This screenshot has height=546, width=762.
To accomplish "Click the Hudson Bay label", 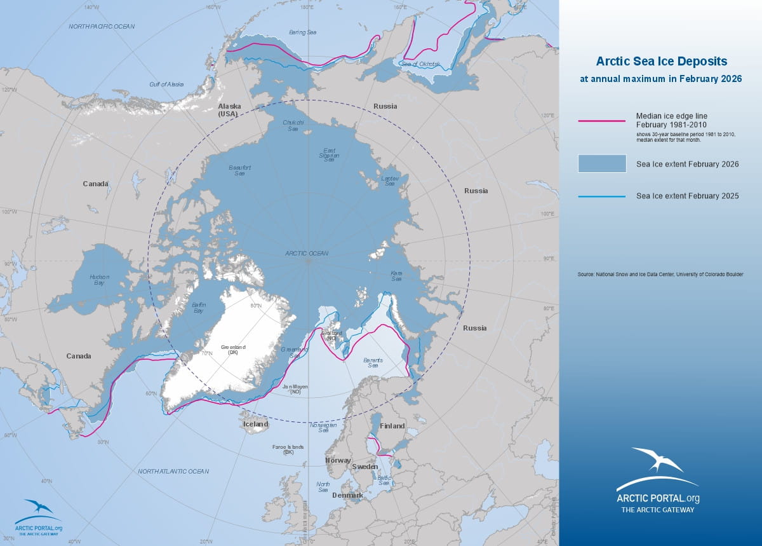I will [99, 280].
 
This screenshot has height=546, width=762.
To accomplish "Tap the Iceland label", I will [255, 424].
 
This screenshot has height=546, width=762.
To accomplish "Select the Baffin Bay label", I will [199, 308].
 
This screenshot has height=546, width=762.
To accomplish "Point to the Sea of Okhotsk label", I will [417, 64].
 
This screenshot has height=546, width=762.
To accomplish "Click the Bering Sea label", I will [302, 31].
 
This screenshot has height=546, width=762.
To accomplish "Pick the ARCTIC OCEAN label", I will [307, 253].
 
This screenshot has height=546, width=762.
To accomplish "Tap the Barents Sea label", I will [373, 363].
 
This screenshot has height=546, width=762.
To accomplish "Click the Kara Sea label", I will [396, 276].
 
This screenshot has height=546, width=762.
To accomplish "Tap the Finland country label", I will [392, 426].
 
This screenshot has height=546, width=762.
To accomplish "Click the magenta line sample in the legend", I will [601, 120].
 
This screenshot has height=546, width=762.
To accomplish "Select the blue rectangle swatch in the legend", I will [601, 163].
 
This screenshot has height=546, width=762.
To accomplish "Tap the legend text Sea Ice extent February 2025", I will [687, 196].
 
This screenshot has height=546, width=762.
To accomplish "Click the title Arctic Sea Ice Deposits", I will [661, 62].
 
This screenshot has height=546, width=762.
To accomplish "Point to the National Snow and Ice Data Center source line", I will [660, 274].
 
